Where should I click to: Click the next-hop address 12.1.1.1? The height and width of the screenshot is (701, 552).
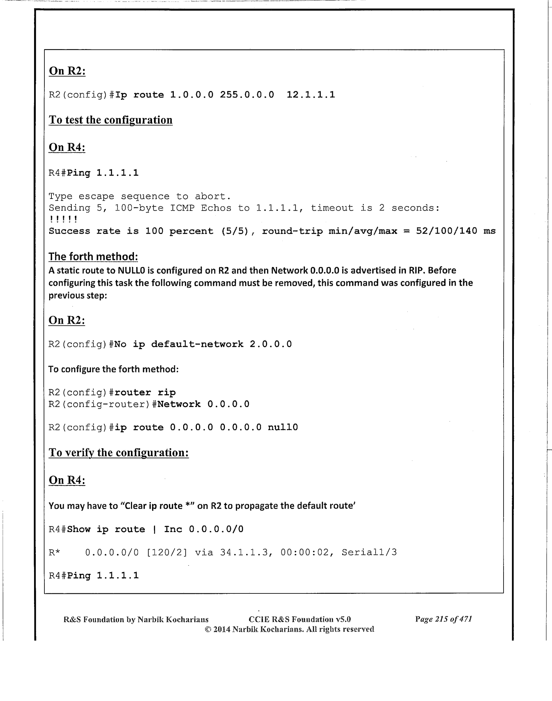311,95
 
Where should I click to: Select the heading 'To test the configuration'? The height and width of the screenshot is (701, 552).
111,120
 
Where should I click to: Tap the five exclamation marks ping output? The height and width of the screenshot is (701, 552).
63,220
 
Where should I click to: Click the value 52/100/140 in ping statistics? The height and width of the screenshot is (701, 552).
447,231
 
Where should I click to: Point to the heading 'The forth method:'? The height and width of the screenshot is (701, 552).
93,256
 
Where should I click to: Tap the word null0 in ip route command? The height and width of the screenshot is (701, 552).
283,428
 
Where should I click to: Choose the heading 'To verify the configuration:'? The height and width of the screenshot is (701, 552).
119,453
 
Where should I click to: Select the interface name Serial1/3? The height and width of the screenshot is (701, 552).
369,553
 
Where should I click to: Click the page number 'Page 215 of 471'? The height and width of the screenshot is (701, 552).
444,619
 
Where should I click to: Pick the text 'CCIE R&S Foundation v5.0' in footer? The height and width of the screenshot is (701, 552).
300,619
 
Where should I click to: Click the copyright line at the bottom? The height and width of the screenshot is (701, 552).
289,629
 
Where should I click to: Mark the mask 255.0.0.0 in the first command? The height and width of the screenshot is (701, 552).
247,95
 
